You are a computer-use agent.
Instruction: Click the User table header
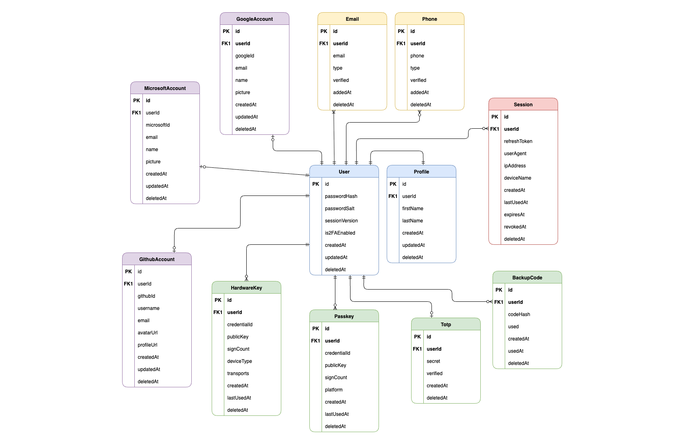click(344, 172)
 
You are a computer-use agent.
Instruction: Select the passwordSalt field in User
click(339, 209)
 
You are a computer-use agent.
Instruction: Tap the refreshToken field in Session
click(518, 141)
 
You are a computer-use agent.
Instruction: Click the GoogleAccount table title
click(254, 19)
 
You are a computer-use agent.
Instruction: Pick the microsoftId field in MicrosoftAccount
click(158, 125)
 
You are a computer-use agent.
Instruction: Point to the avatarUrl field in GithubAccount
click(147, 333)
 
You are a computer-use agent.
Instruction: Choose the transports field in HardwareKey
click(238, 373)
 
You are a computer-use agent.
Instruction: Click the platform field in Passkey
click(333, 390)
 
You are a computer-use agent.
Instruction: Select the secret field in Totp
click(433, 361)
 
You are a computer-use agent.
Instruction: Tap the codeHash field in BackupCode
click(519, 314)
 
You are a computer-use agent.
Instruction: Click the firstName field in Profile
click(412, 209)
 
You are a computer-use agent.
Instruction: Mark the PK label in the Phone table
click(401, 31)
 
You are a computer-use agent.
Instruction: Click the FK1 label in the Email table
click(324, 44)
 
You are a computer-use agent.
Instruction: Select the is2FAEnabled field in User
click(340, 233)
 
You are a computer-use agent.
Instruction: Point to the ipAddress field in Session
click(515, 166)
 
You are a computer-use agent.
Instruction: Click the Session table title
click(523, 105)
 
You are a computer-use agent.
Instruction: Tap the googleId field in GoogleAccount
click(244, 56)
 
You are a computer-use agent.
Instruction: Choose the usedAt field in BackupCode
click(515, 351)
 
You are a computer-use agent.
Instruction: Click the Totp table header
click(446, 325)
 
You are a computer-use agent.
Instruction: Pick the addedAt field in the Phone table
click(419, 92)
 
